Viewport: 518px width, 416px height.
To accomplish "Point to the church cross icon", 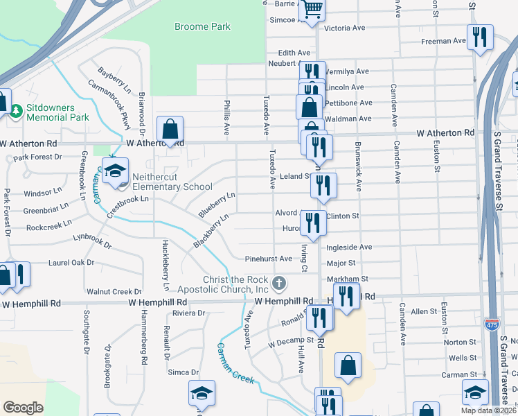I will tap(279, 282).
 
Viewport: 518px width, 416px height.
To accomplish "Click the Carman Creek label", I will tap(235, 364).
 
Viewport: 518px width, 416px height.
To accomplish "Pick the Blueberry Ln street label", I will tap(217, 205).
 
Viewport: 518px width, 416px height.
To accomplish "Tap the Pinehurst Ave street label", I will tap(268, 259).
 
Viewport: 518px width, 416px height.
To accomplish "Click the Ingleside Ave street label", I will tap(350, 247).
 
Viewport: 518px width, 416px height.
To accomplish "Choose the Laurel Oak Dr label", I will tap(71, 263).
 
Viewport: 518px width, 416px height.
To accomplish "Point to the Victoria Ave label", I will tap(344, 28).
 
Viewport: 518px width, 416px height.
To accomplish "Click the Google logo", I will tap(23, 407).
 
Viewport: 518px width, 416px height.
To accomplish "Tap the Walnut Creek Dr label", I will tap(114, 291).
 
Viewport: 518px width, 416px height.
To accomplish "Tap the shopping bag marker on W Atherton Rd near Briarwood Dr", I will tap(170, 129).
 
